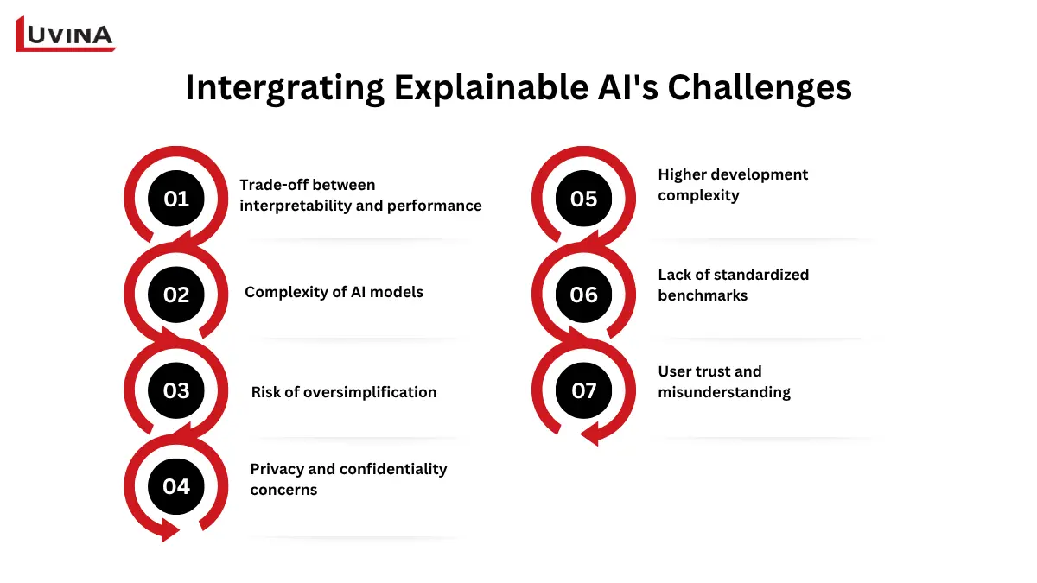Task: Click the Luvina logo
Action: click(x=66, y=34)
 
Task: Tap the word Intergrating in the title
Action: click(x=284, y=88)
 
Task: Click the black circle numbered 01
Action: click(x=176, y=199)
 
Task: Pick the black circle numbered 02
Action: click(x=176, y=295)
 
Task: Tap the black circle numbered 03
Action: click(x=176, y=390)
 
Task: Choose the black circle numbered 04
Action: click(x=176, y=486)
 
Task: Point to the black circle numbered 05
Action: click(x=584, y=199)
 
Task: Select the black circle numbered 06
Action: click(x=584, y=295)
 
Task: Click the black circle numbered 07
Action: click(x=584, y=390)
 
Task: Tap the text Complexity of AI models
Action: click(x=334, y=292)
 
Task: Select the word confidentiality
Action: click(x=393, y=469)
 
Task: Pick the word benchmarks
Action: click(x=703, y=295)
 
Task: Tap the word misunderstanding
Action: click(x=724, y=392)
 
